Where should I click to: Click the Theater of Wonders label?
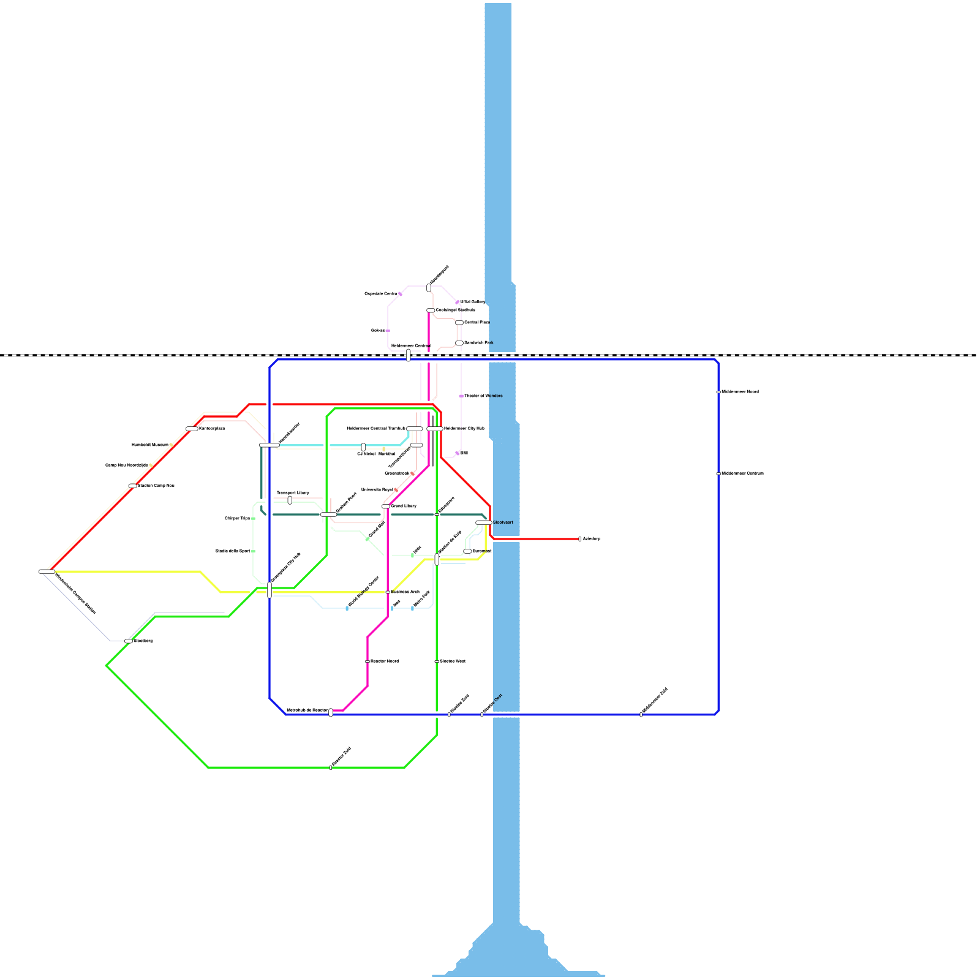[483, 396]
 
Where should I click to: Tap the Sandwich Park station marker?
[459, 343]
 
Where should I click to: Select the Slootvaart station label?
[503, 522]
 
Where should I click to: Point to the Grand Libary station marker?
[386, 507]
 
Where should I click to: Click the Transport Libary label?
[293, 492]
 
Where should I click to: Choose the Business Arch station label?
[405, 592]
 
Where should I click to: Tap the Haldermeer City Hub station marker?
[435, 429]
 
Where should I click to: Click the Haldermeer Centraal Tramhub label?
[375, 428]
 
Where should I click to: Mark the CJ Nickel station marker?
[363, 447]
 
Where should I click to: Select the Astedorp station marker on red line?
[579, 539]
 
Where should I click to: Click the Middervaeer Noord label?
[740, 391]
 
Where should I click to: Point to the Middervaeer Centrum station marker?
[718, 473]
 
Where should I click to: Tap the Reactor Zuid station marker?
[331, 767]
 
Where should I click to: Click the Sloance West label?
[453, 661]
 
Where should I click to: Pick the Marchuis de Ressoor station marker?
[331, 712]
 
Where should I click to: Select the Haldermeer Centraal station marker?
[409, 355]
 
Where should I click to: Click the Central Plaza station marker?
[459, 323]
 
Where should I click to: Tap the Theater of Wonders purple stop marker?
[461, 396]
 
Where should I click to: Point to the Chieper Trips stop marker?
[253, 519]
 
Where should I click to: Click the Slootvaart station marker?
[484, 522]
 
